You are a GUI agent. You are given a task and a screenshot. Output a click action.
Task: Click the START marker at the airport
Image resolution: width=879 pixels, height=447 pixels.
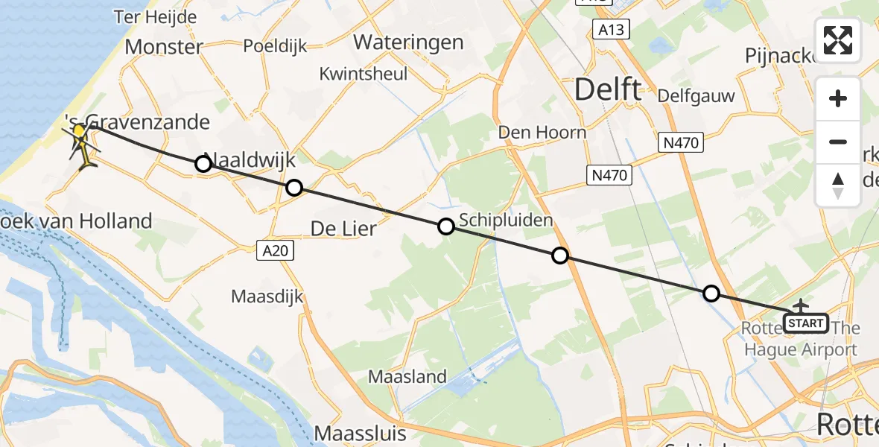[806, 323]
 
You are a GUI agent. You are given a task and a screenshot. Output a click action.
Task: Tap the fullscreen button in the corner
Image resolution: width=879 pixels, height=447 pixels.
[838, 40]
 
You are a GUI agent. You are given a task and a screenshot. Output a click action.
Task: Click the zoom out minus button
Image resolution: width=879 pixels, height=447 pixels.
[838, 142]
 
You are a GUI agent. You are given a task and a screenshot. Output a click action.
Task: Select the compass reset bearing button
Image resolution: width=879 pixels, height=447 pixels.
[838, 186]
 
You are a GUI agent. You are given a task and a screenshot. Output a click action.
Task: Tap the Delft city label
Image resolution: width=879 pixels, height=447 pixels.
[607, 90]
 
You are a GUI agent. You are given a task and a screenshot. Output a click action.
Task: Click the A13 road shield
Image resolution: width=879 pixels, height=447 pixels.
[612, 30]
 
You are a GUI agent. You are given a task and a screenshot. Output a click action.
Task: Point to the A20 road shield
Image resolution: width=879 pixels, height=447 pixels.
[276, 251]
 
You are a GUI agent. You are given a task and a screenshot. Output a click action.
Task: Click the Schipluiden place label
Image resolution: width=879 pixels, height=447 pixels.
[507, 220]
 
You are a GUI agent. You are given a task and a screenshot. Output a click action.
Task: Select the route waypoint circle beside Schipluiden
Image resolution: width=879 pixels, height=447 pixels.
[445, 226]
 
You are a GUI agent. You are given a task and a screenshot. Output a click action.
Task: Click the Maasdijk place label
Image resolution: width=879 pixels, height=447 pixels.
[267, 297]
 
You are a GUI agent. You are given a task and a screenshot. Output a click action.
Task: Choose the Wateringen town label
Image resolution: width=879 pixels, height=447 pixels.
[408, 42]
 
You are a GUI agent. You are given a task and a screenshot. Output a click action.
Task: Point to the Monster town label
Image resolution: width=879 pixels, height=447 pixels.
[164, 47]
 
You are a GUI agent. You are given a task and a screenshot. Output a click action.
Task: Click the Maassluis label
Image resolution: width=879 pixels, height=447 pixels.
[361, 433]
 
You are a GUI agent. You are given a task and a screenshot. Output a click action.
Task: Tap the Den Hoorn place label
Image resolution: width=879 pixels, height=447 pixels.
[543, 133]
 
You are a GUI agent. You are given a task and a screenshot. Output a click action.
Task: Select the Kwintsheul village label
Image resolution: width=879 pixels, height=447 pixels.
[364, 74]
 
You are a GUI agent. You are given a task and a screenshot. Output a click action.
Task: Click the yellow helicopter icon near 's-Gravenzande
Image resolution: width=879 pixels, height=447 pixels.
[83, 142]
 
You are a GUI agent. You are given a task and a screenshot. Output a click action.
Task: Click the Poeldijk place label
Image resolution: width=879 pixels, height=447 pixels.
[276, 46]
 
